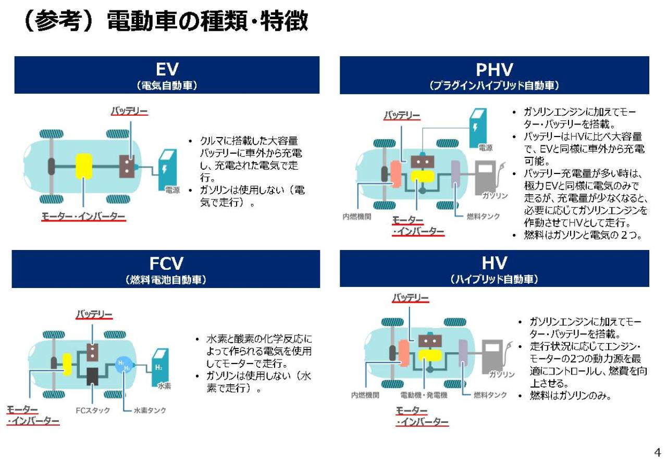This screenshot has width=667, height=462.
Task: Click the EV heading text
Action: coord(167,69)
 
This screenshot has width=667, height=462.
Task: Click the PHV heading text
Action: coord(495,70)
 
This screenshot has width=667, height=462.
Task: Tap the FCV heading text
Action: coord(166,263)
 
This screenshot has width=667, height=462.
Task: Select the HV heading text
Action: coord(495,263)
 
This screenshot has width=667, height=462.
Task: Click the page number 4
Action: coord(658,453)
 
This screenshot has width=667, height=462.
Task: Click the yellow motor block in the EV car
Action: coord(84,166)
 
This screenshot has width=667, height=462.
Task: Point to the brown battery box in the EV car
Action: coord(127,166)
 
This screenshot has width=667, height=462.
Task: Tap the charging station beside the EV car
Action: coord(167,170)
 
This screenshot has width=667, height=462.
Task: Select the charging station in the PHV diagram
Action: coord(478,128)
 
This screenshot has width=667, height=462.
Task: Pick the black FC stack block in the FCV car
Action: coord(92,376)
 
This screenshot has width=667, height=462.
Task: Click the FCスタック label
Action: coord(93,410)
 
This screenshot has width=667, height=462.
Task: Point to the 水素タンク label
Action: coord(150,410)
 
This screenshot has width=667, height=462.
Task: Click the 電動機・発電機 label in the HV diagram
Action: coord(424,395)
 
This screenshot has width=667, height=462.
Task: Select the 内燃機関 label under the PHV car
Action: coord(357,216)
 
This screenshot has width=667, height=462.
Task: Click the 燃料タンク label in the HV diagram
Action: coord(490,395)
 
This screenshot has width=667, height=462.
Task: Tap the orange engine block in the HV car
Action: coord(404,353)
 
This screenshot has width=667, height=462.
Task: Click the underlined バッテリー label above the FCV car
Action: coord(94,314)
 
